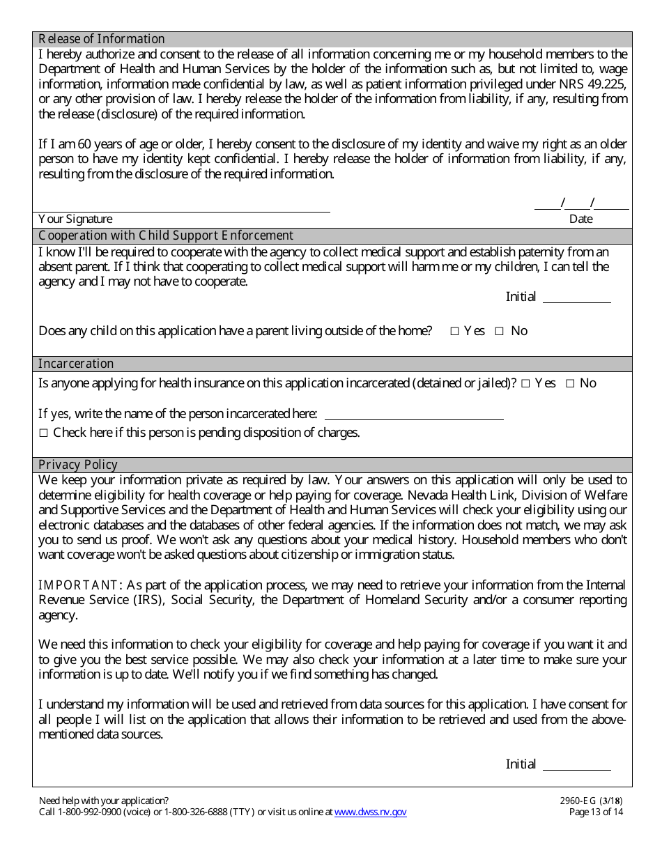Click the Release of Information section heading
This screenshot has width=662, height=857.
[102, 39]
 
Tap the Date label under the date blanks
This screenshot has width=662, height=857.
[580, 219]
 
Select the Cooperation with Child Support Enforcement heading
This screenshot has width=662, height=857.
[166, 236]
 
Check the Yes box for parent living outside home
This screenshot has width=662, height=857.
[454, 332]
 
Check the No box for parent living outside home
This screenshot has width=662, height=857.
[499, 332]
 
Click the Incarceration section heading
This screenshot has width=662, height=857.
[76, 364]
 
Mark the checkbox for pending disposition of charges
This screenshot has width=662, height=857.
[43, 433]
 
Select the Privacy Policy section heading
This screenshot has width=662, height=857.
[78, 465]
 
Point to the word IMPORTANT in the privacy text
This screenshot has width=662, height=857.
[78, 585]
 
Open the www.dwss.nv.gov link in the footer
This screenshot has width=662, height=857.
[370, 812]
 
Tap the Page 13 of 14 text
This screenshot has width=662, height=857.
[596, 812]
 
